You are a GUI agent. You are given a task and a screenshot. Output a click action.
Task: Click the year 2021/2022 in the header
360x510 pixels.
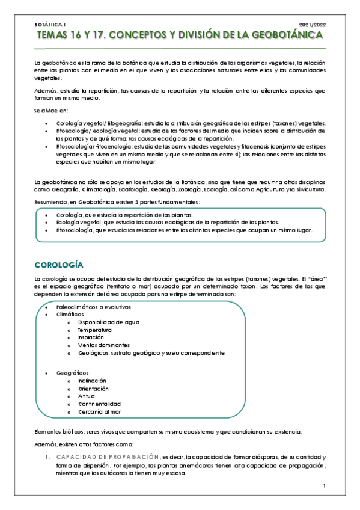pos(312,25)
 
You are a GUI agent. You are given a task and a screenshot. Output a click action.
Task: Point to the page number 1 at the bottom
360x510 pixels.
pos(324,486)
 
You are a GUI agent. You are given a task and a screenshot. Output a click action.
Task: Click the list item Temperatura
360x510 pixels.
pos(94,330)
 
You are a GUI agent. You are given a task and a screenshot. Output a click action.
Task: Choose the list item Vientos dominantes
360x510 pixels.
pos(103,346)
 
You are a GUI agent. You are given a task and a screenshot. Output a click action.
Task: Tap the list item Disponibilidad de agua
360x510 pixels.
pos(109,322)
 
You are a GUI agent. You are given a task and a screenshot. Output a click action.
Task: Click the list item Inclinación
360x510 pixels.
pos(92,381)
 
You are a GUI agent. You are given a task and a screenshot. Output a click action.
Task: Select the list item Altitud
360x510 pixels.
pos(87,396)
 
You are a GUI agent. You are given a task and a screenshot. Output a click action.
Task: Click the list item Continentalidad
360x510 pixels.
pos(99,404)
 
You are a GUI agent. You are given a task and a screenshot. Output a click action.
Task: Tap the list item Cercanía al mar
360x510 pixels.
pos(99,411)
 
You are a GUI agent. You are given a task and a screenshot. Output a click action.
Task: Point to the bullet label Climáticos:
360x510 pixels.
pos(71,315)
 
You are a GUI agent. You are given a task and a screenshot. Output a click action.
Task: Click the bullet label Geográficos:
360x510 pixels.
pos(73,373)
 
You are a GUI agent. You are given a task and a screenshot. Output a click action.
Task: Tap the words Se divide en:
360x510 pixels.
pos(51,111)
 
